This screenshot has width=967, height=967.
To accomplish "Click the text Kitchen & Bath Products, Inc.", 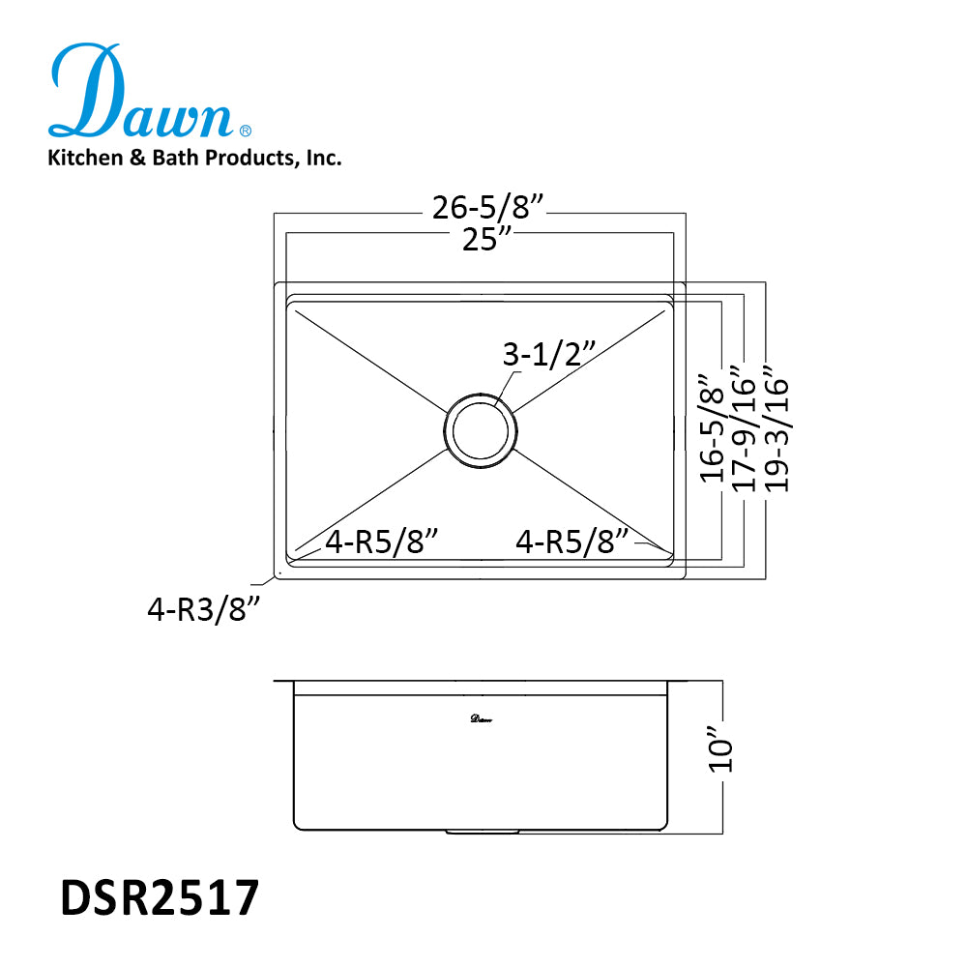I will pyautogui.click(x=194, y=158).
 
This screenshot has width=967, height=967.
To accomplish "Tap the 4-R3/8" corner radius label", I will pyautogui.click(x=205, y=611).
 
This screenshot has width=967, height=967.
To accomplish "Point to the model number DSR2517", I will pyautogui.click(x=160, y=898).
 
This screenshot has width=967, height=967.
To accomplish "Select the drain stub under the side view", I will pyautogui.click(x=481, y=830).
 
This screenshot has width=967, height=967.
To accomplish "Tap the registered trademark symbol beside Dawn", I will pyautogui.click(x=246, y=130).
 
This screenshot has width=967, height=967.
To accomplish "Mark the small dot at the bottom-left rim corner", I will pyautogui.click(x=278, y=574).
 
